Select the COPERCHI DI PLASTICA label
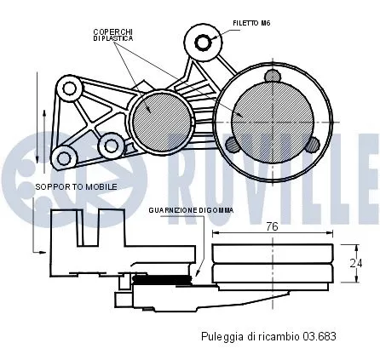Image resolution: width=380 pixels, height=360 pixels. pos(112,35)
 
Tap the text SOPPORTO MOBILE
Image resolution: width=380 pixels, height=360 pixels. pos(76,186)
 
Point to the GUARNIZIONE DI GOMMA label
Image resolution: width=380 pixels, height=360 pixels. pos(191,209)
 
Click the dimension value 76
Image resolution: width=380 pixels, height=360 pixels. pos(271,226)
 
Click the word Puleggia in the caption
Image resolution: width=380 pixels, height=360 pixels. pos(219,336)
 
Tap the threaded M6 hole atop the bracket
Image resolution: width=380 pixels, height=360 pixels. pos(203,42)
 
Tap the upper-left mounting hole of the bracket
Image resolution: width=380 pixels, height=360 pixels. pos(67,88)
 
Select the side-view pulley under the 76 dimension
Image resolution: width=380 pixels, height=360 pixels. pos(271,265)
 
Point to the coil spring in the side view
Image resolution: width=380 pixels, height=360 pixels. pos(159,278)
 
